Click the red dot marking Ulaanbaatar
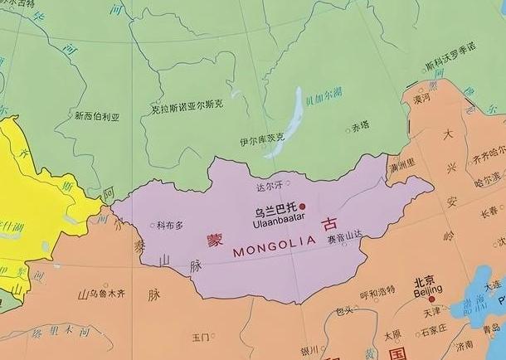pos(303,207)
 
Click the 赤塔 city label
pos(359,126)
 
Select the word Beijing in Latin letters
pos(427,291)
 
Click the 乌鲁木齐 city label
pos(107,294)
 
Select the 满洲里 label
pos(401,167)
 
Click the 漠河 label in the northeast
pos(422,98)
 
